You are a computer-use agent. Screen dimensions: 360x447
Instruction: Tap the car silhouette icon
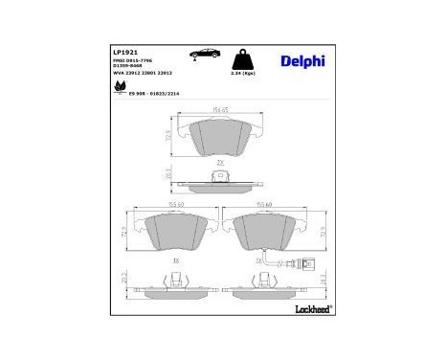205,53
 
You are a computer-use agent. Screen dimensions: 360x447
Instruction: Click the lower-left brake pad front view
174,232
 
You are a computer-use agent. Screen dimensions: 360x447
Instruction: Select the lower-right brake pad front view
271,232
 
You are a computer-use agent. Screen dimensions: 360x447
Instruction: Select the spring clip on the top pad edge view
219,176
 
